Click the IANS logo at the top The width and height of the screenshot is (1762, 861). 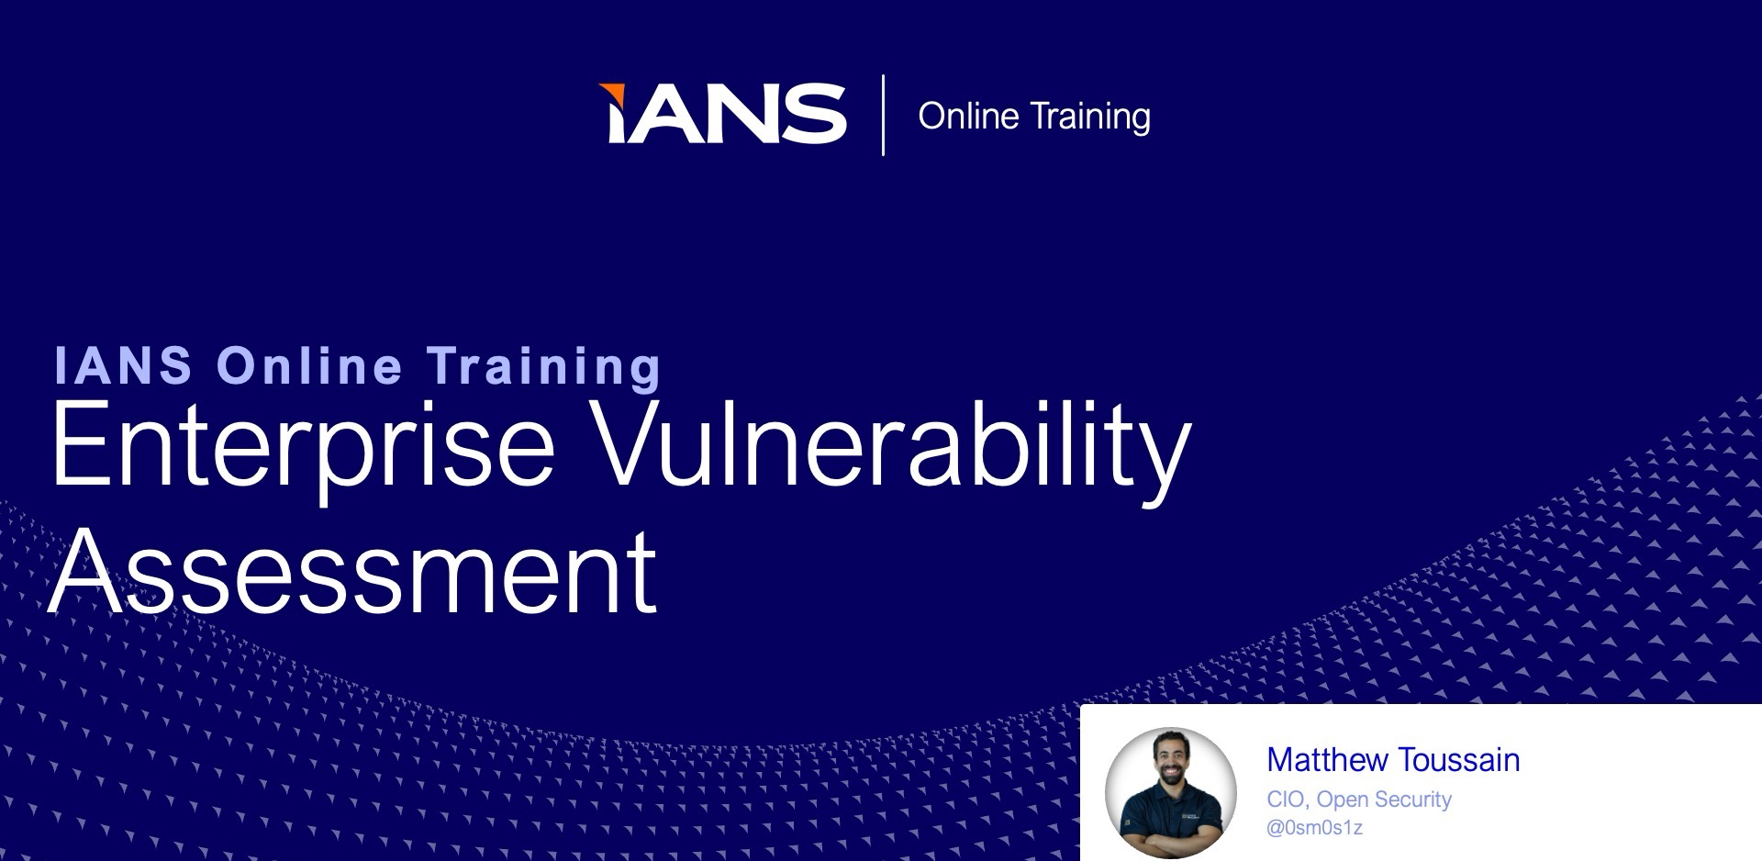tap(722, 114)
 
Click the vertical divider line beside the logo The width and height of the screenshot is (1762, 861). tap(883, 115)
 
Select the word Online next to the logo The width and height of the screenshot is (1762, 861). tap(968, 117)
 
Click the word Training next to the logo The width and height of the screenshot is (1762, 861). tap(1090, 117)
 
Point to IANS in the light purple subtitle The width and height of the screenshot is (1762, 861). tap(123, 365)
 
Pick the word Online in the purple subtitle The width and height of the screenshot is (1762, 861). tap(309, 365)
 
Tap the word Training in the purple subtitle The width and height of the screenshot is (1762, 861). tap(543, 368)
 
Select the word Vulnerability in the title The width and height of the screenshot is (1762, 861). tap(890, 447)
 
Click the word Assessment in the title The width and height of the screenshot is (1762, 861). tap(353, 571)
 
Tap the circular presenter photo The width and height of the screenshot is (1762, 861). tap(1171, 793)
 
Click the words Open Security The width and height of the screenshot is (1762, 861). tap(1384, 800)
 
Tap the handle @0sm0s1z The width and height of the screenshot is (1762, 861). tap(1314, 828)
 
